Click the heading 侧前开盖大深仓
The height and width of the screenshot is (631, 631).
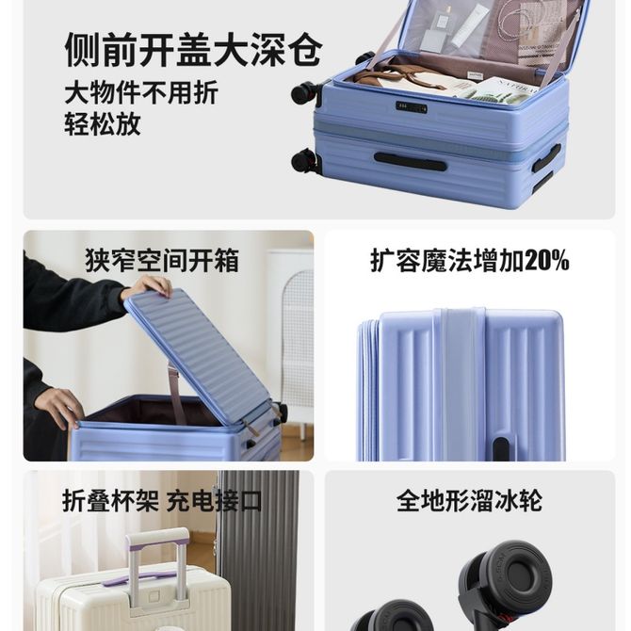[x=194, y=50]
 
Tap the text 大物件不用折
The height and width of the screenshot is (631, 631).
[x=141, y=92]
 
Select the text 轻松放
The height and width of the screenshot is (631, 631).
[x=103, y=123]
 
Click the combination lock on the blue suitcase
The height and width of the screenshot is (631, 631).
[x=412, y=107]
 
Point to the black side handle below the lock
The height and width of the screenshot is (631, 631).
[x=410, y=161]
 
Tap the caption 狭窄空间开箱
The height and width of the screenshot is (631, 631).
[x=162, y=261]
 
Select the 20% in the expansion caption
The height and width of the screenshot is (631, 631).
[x=546, y=260]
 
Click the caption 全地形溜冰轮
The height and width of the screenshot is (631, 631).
[x=469, y=500]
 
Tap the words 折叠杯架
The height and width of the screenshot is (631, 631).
[x=111, y=501]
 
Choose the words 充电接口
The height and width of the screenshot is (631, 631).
[x=214, y=501]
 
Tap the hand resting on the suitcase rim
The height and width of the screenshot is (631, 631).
[x=59, y=407]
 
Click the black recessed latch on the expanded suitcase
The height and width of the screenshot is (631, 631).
[x=501, y=448]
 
